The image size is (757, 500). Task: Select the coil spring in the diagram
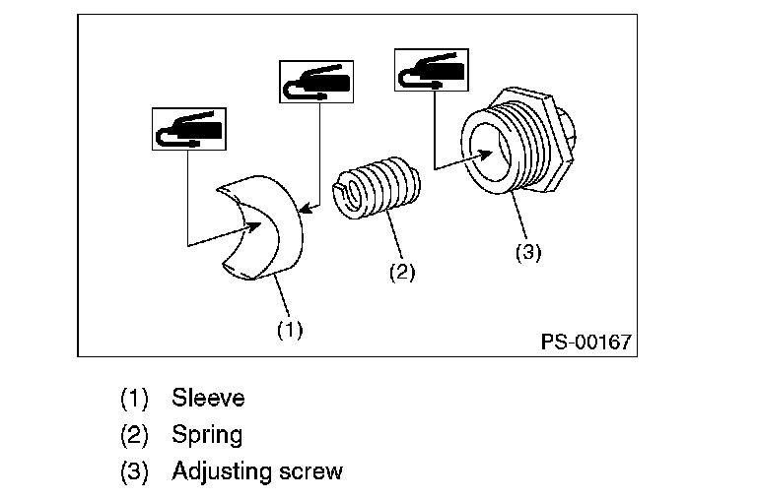377,188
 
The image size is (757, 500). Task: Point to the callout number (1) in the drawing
290,330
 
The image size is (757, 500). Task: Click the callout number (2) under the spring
402,273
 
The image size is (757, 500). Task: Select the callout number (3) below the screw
528,252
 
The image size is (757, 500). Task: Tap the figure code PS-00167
585,342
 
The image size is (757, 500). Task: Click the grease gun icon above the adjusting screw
432,70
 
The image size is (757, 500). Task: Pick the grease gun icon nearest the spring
316,82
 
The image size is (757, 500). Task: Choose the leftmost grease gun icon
189,129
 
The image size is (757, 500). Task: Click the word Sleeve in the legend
208,398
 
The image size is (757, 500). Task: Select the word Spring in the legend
207,435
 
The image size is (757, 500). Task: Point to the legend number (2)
134,435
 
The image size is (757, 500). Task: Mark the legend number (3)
134,471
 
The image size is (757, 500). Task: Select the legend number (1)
134,399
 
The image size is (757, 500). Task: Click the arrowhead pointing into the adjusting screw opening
484,155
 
